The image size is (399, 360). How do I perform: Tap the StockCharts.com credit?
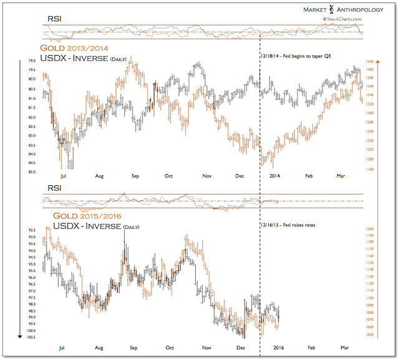tap(340, 19)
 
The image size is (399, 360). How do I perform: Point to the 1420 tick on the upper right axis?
tap(370, 62)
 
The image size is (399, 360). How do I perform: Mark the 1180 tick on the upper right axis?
tap(370, 169)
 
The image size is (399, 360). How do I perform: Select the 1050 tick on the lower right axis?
tap(370, 335)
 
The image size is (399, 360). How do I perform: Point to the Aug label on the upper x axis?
tap(99, 177)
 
